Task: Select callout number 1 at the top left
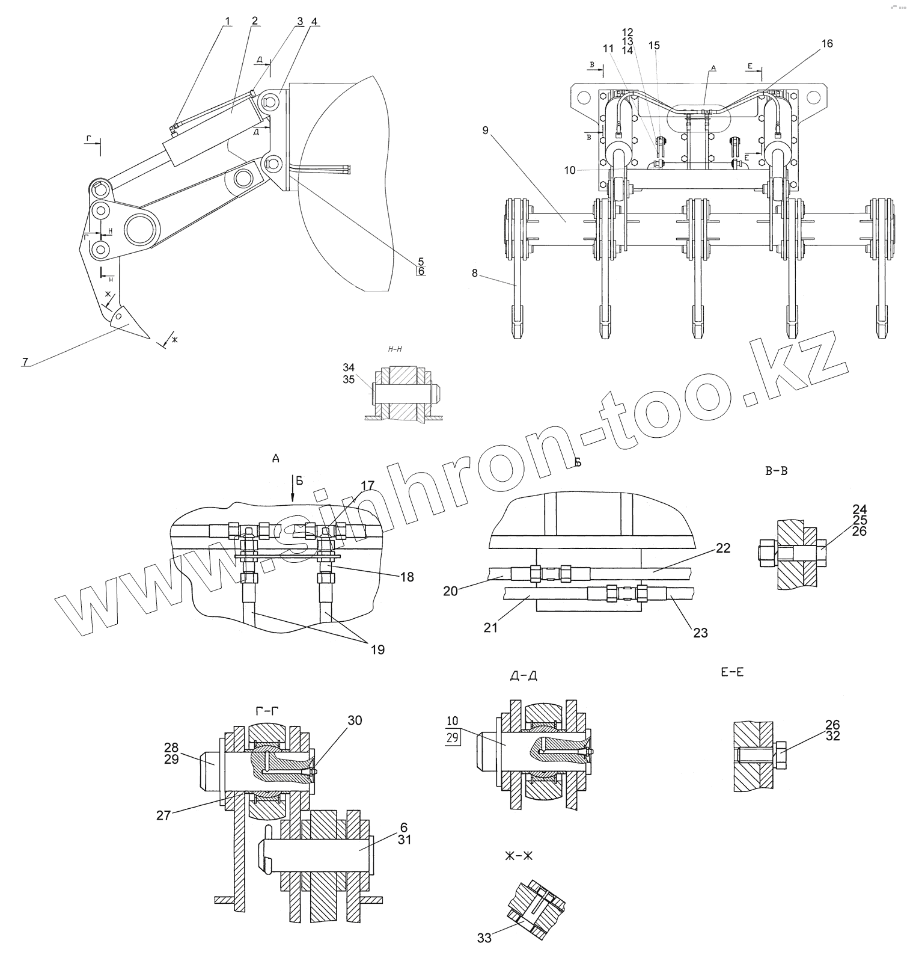(x=227, y=21)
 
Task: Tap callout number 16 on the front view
(x=827, y=44)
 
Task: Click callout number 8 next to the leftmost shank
(x=475, y=273)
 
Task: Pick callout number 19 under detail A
(x=377, y=649)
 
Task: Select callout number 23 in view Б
(x=701, y=633)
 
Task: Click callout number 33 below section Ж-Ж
(x=484, y=938)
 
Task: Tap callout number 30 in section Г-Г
(x=355, y=720)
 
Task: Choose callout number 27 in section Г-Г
(x=163, y=815)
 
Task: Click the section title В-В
(x=776, y=471)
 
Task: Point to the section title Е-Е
(x=731, y=672)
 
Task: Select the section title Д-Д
(x=524, y=676)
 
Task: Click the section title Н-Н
(x=395, y=349)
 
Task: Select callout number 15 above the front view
(x=655, y=45)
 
